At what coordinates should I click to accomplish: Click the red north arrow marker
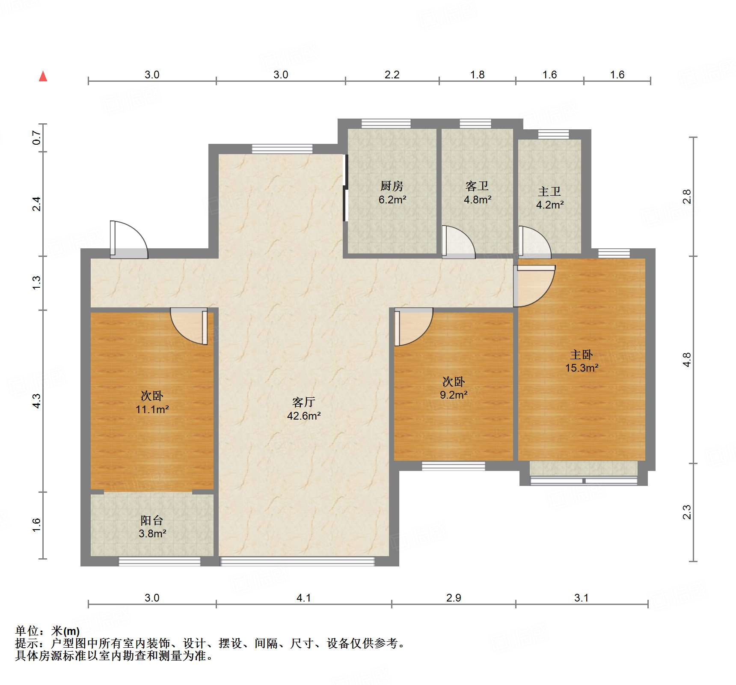[x=43, y=77]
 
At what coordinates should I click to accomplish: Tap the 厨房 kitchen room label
[x=392, y=186]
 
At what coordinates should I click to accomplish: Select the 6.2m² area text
[x=392, y=200]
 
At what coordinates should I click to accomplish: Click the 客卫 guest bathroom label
[x=477, y=186]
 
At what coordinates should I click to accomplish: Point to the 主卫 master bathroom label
[x=549, y=191]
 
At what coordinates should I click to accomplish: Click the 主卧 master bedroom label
[x=581, y=354]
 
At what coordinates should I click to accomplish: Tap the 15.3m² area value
[x=582, y=368]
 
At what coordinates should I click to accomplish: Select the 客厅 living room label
[x=303, y=402]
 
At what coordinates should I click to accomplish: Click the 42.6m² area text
[x=304, y=416]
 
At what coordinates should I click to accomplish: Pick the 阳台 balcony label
[x=152, y=520]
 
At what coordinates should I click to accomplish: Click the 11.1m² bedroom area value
[x=152, y=410]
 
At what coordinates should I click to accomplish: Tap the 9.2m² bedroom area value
[x=454, y=395]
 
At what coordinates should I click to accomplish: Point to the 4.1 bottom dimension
[x=303, y=598]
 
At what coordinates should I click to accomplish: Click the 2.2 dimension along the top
[x=392, y=75]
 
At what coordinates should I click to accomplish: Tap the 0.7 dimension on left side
[x=37, y=137]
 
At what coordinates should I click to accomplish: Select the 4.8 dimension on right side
[x=686, y=360]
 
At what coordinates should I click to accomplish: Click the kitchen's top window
[x=386, y=124]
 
